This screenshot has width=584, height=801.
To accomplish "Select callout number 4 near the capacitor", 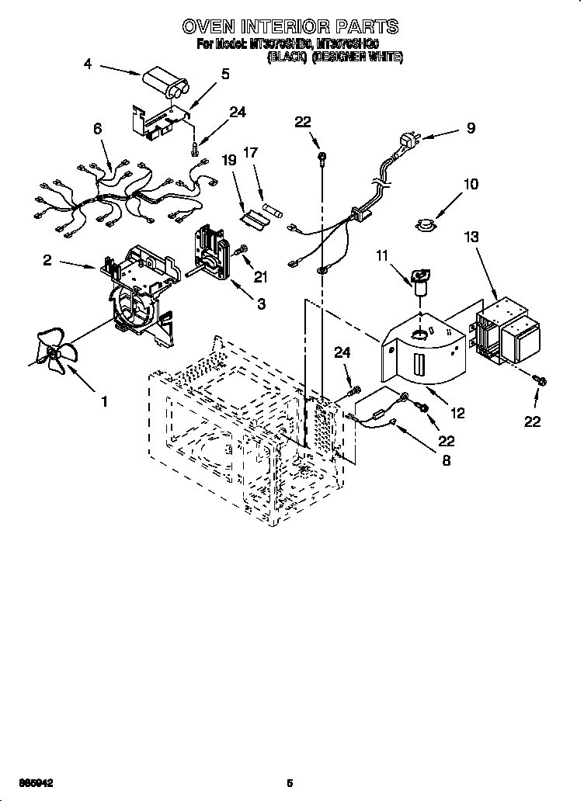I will click(87, 65).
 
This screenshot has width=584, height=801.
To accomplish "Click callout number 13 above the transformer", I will click(471, 236).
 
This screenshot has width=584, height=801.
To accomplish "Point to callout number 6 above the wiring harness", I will click(98, 130).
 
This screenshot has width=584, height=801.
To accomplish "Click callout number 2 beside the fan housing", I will click(47, 261).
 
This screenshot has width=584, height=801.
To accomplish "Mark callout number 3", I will click(261, 304).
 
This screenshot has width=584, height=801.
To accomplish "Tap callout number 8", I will click(446, 459).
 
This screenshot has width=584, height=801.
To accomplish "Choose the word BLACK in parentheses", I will click(284, 56).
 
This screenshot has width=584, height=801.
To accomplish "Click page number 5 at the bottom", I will click(290, 782).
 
